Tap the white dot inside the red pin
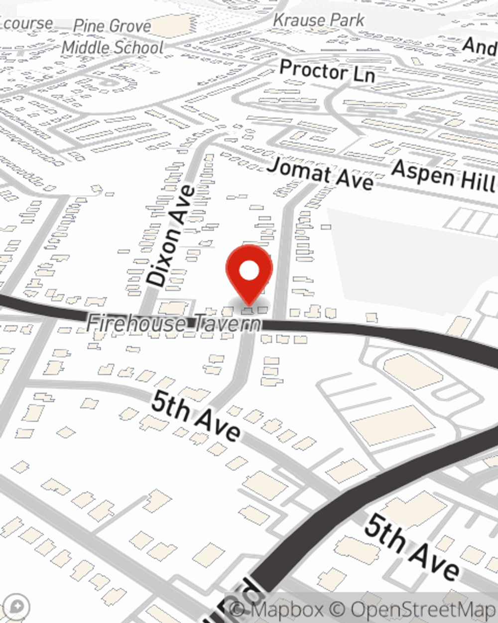coord(249,271)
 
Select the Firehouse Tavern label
coord(174,323)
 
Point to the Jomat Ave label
coord(320,174)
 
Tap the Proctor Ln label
coord(327,71)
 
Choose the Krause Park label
coord(319,20)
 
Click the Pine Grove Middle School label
coord(113,37)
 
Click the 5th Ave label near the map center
coord(196,416)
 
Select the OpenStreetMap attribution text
coord(423,610)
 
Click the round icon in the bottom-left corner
coord(16,607)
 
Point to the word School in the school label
coord(138,48)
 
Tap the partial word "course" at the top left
coord(27,23)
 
